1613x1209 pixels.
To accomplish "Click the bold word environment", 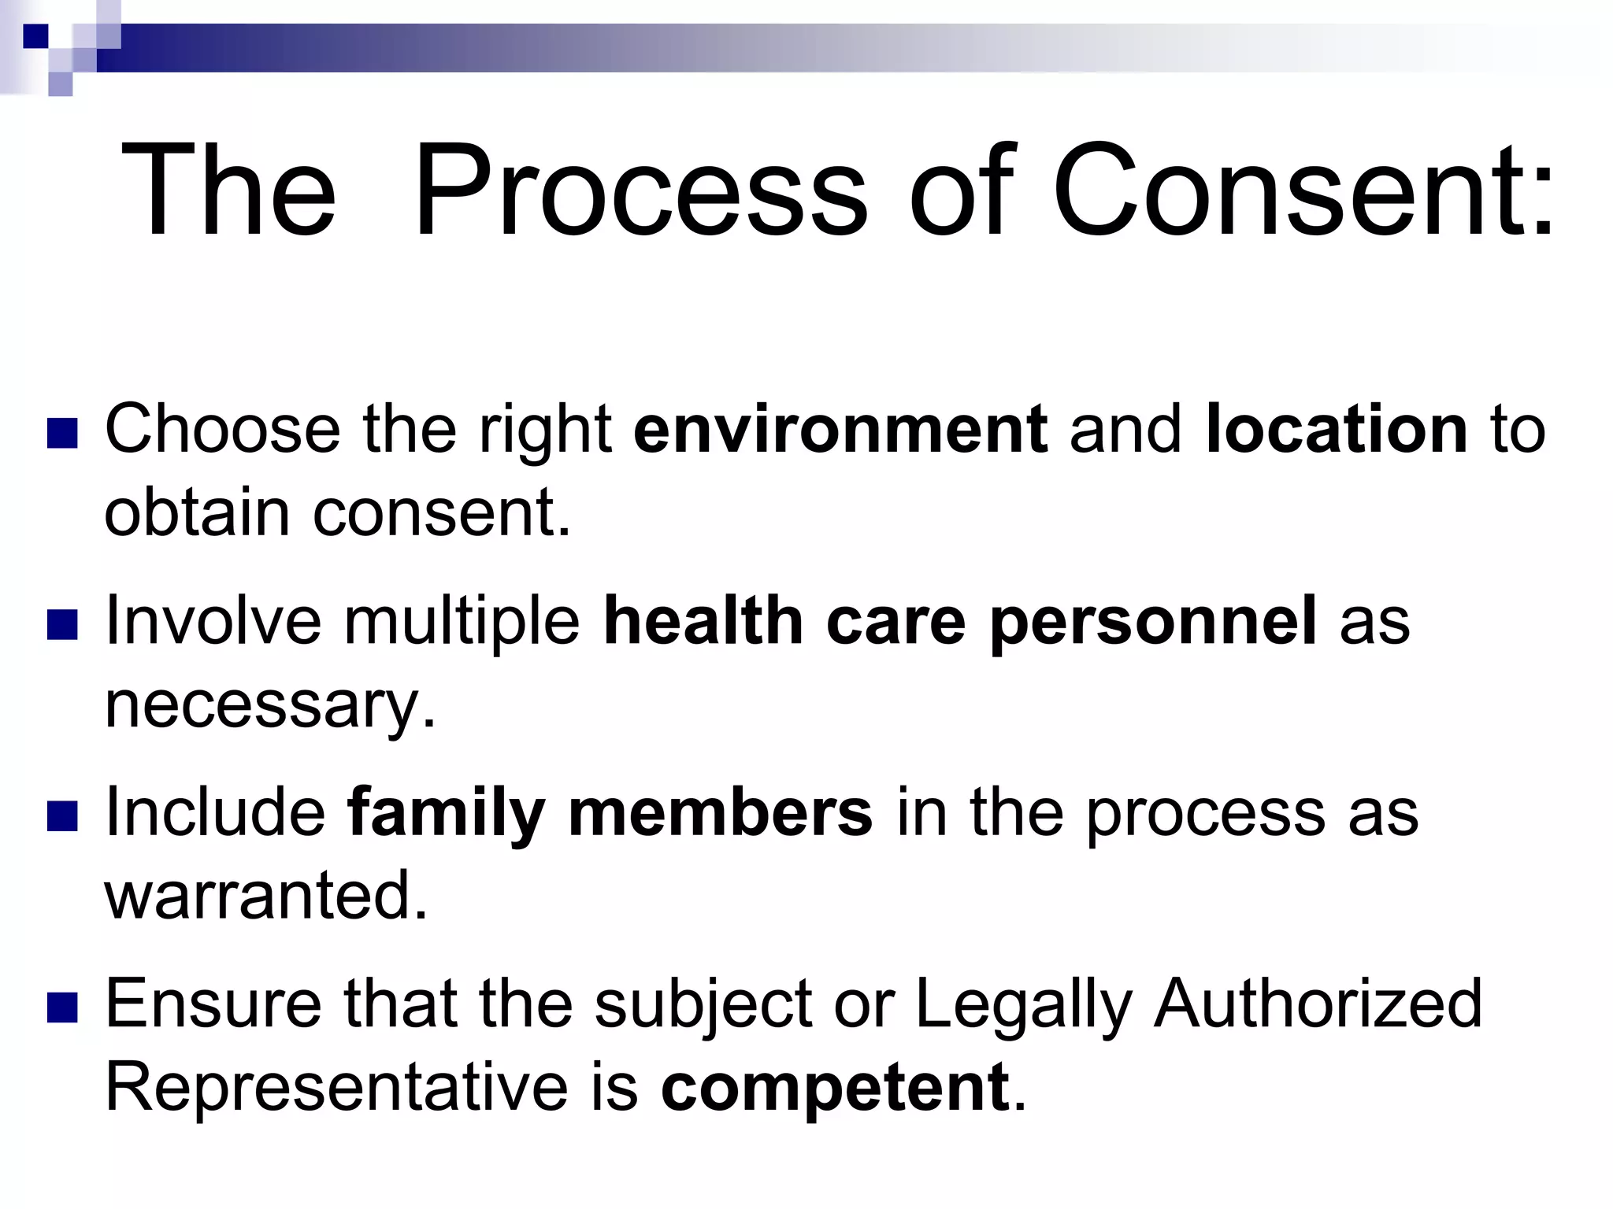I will (840, 430).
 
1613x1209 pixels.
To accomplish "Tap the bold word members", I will (720, 813).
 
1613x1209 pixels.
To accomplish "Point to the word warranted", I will (266, 896).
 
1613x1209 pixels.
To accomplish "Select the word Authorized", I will (1318, 1004).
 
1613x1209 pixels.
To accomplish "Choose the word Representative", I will (336, 1088).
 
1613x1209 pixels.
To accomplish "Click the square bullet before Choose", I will (62, 433).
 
